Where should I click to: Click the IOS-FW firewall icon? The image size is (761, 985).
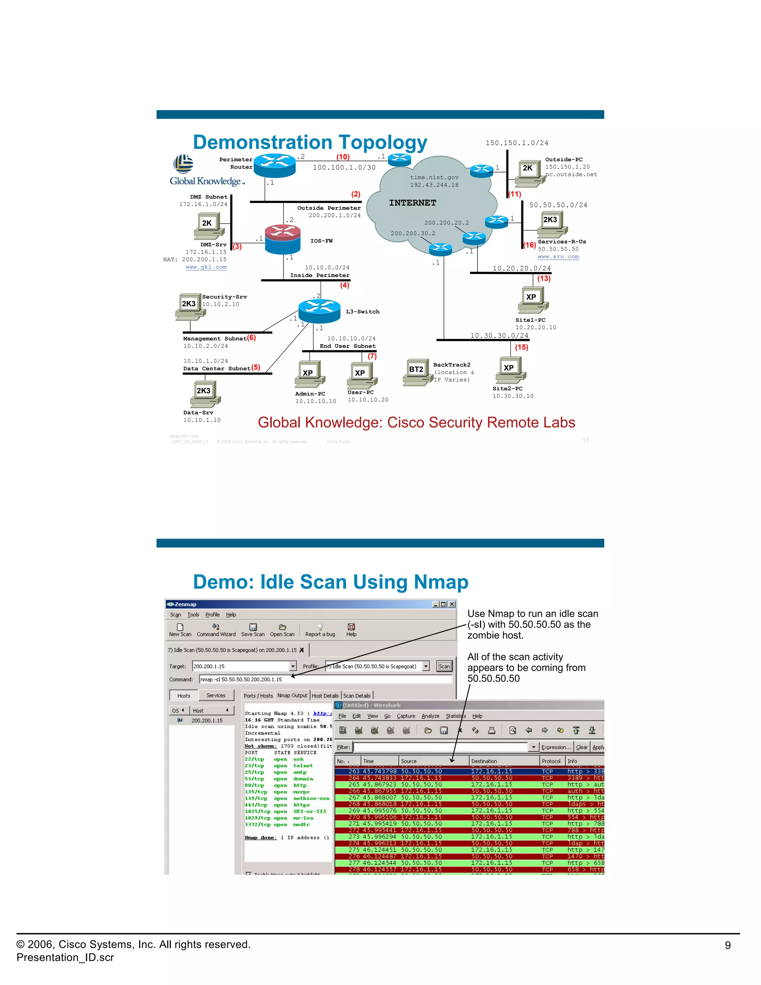pos(282,239)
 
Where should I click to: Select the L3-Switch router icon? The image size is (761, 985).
pos(319,310)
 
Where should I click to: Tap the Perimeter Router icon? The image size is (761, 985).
pos(275,165)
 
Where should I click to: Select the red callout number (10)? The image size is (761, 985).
pos(343,157)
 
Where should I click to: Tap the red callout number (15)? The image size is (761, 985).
pos(522,347)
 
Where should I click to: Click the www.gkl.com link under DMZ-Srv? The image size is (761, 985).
pos(206,267)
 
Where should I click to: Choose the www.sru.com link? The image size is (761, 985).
pos(558,256)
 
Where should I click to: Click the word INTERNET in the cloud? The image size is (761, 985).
pos(412,203)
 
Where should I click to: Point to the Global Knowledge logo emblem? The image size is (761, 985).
pos(184,164)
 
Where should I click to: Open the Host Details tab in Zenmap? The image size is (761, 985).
pos(325,695)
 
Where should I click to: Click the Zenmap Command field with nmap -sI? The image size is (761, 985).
pos(325,679)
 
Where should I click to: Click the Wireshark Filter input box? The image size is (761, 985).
pos(440,747)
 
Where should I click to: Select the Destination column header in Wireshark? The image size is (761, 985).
pos(484,761)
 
